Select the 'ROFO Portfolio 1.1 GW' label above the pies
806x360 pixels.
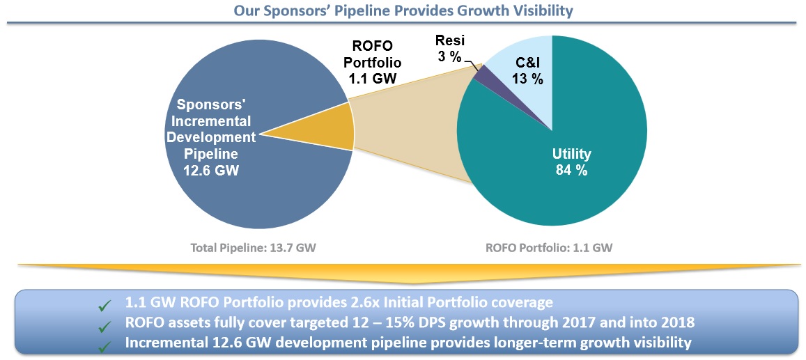(375, 63)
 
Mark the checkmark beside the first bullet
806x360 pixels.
(104, 304)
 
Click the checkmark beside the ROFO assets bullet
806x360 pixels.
(104, 323)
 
